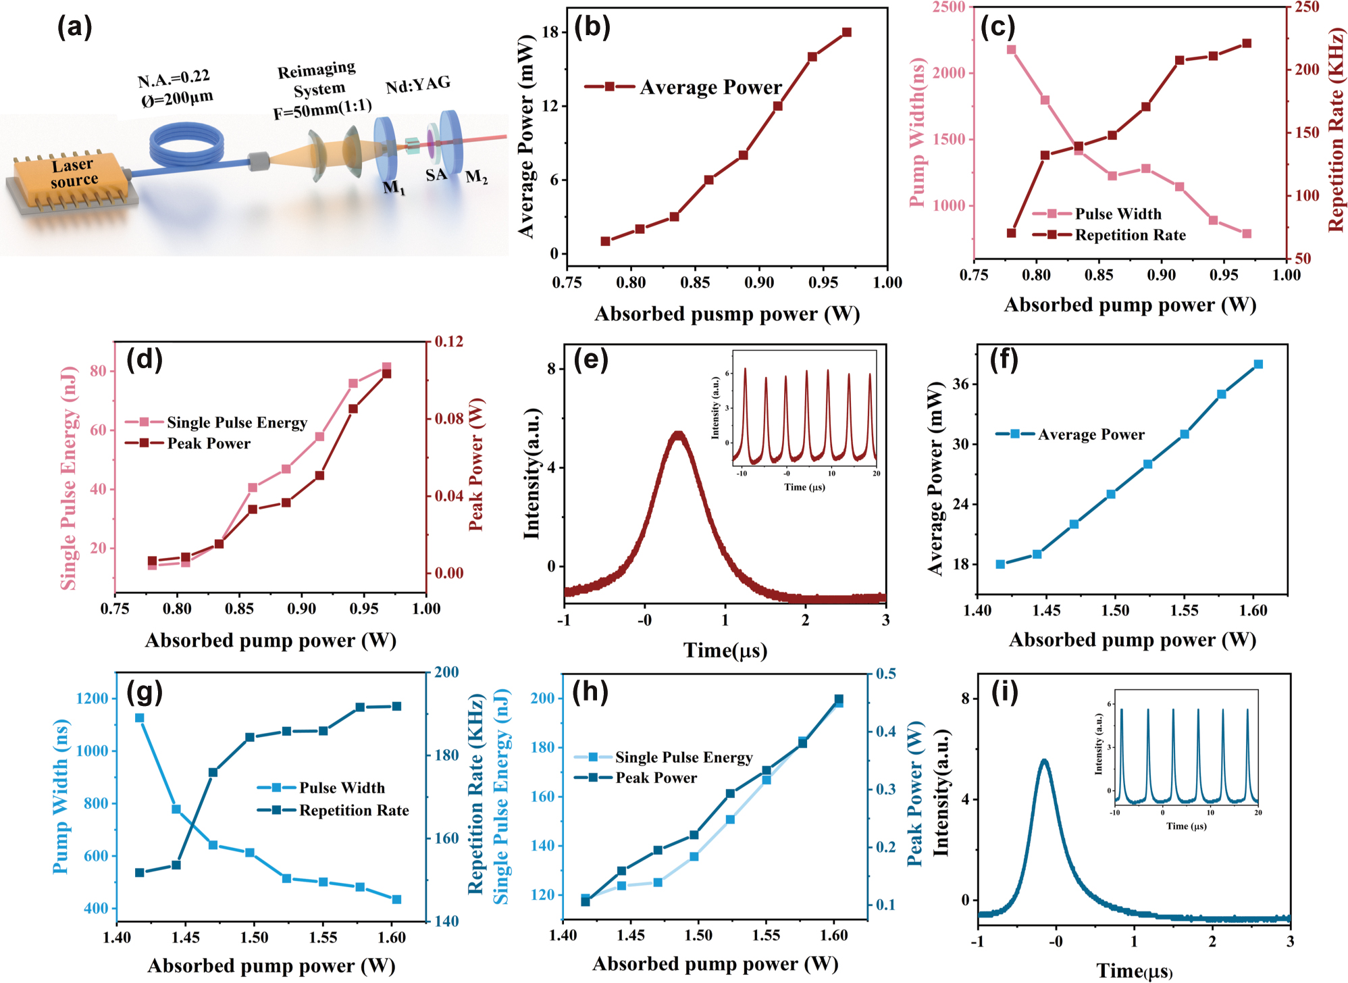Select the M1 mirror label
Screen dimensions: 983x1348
pyautogui.click(x=394, y=188)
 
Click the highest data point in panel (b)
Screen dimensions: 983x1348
pyautogui.click(x=846, y=32)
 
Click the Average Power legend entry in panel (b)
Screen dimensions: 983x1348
pyautogui.click(x=709, y=87)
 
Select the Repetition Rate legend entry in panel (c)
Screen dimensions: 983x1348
pyautogui.click(x=1129, y=235)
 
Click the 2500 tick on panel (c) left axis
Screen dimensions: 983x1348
pyautogui.click(x=949, y=7)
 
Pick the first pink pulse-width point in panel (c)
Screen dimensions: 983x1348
pyautogui.click(x=1011, y=49)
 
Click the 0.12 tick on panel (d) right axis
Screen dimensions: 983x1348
pyautogui.click(x=449, y=342)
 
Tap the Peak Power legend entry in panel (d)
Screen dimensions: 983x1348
pyautogui.click(x=208, y=444)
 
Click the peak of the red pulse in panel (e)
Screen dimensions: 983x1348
pyautogui.click(x=678, y=434)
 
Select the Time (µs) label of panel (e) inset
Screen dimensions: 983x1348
pyautogui.click(x=804, y=487)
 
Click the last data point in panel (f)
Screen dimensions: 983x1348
pyautogui.click(x=1258, y=364)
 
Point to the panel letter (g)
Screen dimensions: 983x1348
pyautogui.click(x=145, y=692)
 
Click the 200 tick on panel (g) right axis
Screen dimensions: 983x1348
pyautogui.click(x=446, y=672)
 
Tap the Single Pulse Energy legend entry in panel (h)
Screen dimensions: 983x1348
pyautogui.click(x=683, y=757)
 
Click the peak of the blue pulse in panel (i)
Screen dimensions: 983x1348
pyautogui.click(x=1044, y=761)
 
